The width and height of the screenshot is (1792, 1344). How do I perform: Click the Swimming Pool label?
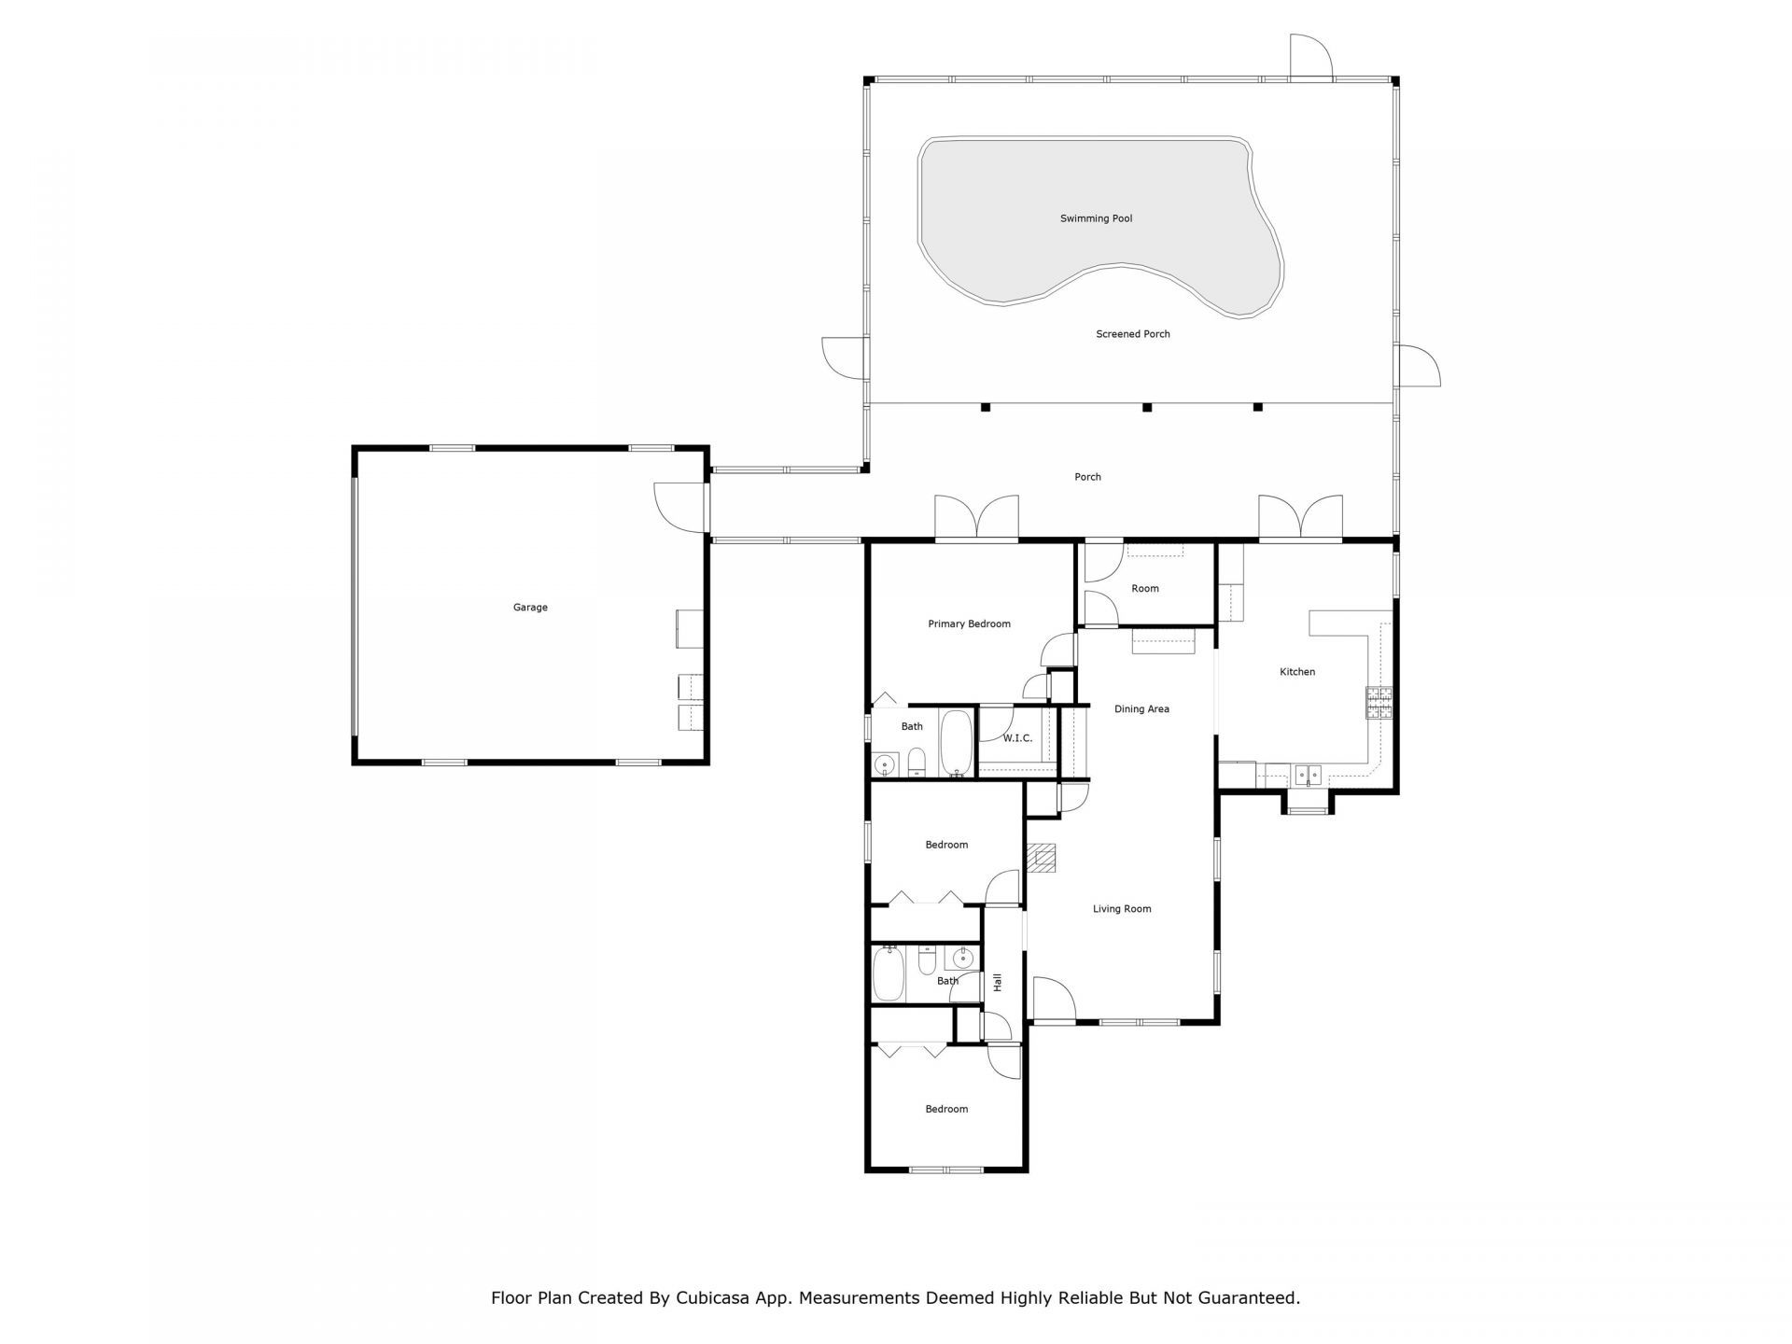pos(1096,218)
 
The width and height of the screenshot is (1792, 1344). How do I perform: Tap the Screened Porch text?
pos(1132,334)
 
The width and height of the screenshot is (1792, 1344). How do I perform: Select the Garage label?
pos(530,608)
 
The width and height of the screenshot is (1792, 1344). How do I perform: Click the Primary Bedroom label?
pos(969,624)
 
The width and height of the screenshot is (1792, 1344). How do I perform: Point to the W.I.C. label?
pos(1017,738)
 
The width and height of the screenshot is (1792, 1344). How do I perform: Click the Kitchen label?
pos(1296,672)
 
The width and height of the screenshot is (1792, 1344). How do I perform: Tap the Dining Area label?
pos(1141,709)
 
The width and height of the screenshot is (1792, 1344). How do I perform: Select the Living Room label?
pos(1122,909)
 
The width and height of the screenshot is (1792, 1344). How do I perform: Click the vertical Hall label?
pos(998,982)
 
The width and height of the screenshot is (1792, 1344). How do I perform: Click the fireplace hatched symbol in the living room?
pos(1043,858)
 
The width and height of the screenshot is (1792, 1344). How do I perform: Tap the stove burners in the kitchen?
pos(1379,704)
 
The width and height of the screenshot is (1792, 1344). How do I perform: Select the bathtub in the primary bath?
pos(956,744)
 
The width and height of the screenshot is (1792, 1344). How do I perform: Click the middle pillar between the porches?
pos(1147,407)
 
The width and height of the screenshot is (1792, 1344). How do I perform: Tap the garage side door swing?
pos(679,508)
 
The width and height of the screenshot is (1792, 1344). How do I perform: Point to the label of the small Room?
pos(1144,589)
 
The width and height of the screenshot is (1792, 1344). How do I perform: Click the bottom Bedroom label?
pos(946,1109)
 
